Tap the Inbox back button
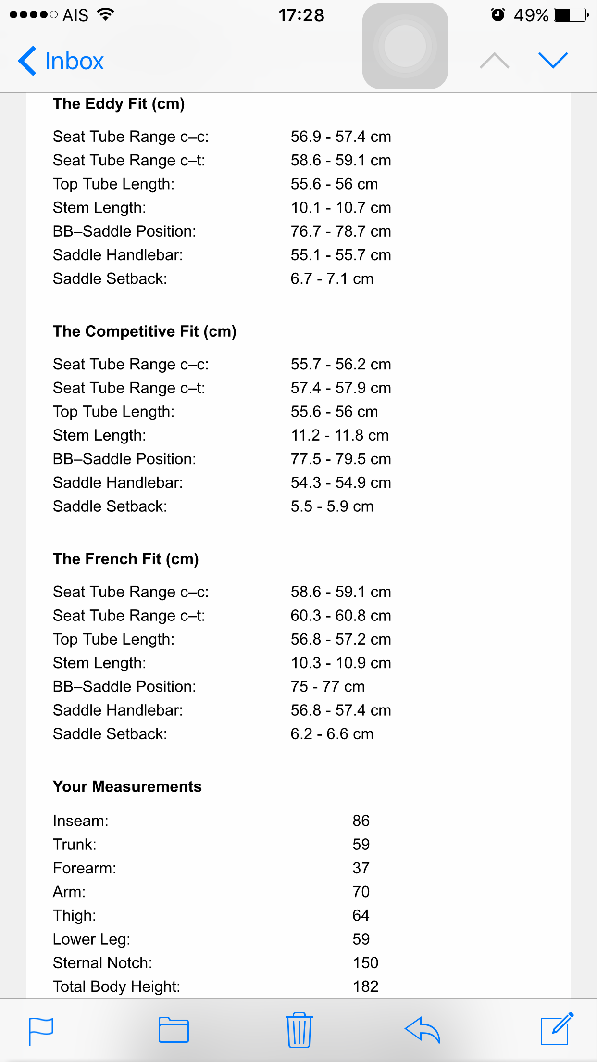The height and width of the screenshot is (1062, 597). point(61,61)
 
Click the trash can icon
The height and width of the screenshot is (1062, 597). point(299,1030)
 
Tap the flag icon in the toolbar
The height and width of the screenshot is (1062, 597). point(41,1031)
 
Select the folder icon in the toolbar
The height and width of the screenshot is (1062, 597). point(174,1030)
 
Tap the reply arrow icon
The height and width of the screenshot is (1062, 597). point(423,1030)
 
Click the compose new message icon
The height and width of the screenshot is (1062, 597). point(557,1029)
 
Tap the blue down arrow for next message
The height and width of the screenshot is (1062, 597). point(553,60)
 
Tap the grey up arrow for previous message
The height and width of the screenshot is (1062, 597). point(494,61)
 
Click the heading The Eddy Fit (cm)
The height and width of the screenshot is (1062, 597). point(119,104)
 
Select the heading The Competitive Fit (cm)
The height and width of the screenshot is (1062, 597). point(145,331)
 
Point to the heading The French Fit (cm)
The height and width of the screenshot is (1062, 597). point(126,559)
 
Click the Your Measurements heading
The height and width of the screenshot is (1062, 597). point(127,786)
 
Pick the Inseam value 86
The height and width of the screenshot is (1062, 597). point(361,821)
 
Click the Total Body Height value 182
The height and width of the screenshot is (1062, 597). point(366,986)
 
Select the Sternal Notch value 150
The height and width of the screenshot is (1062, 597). point(366,963)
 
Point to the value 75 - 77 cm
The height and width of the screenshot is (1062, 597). point(328,686)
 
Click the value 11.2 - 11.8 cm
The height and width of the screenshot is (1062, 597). point(340,435)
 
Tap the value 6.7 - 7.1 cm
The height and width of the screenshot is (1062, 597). point(332,278)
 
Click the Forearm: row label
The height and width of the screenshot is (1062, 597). point(85,868)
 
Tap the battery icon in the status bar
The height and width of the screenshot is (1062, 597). point(571,15)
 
